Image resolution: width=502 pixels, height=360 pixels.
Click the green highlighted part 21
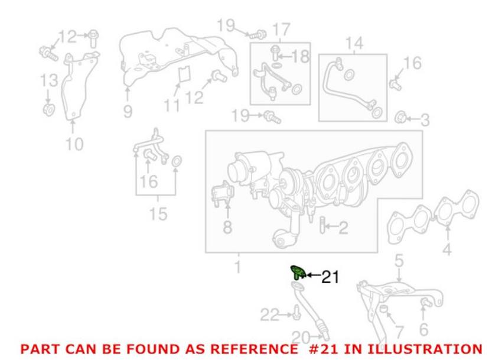click(296, 273)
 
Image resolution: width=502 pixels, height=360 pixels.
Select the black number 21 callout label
click(330, 277)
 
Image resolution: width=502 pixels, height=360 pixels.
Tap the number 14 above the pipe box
click(353, 43)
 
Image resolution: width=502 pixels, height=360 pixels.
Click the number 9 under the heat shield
click(128, 111)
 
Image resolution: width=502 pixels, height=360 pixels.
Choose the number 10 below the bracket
click(74, 143)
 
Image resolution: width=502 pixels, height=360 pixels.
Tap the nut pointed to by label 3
click(400, 116)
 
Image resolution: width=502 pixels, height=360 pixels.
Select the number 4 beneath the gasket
click(446, 250)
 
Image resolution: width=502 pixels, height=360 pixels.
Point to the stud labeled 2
click(322, 225)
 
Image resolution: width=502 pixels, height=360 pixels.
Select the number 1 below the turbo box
click(237, 268)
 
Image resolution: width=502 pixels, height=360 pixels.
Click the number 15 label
click(158, 213)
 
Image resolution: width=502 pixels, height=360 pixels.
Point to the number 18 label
click(301, 57)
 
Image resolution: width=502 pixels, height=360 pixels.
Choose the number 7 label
click(400, 332)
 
